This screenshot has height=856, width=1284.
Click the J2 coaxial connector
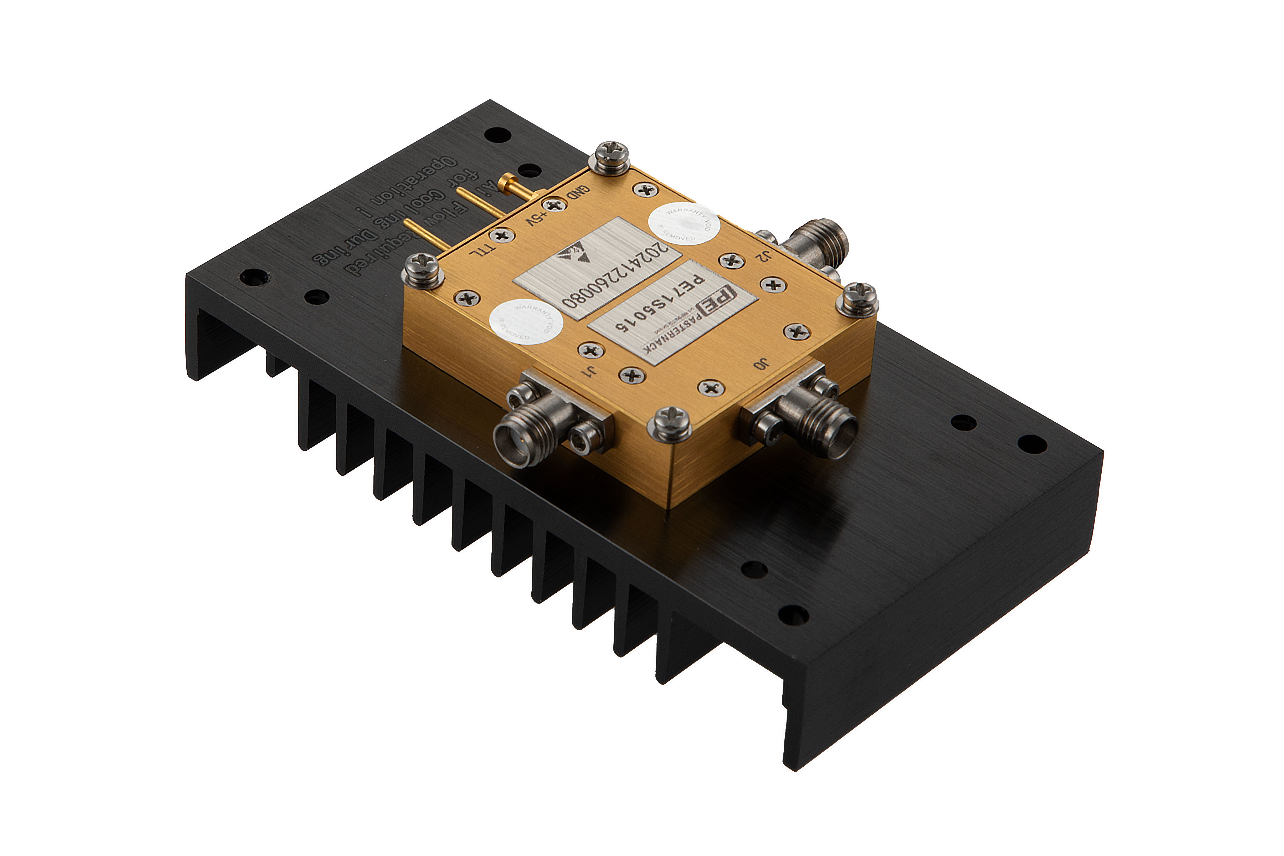[x=819, y=240]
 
